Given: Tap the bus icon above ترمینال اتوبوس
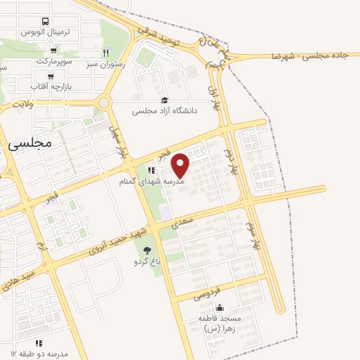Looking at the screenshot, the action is (x=46, y=22).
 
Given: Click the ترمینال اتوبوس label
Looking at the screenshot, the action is (x=46, y=33).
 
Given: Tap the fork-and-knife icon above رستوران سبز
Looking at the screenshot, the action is (x=106, y=52).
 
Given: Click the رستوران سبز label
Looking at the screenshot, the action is (x=106, y=63).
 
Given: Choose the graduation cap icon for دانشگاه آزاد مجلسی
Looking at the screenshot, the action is (x=165, y=100).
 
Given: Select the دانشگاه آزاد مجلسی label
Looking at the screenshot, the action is (x=165, y=111).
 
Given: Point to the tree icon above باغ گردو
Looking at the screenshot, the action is (x=147, y=250).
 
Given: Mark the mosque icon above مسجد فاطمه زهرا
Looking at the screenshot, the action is (x=220, y=307).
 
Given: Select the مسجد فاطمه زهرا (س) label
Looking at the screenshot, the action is (x=220, y=323).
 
